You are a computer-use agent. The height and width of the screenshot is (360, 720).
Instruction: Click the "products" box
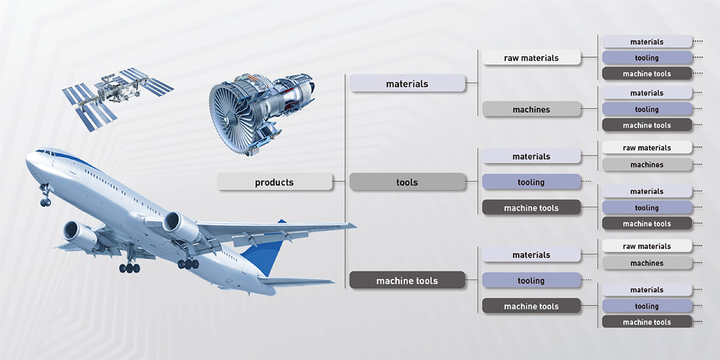click(x=275, y=182)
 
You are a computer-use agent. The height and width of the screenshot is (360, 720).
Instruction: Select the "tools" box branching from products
click(x=407, y=182)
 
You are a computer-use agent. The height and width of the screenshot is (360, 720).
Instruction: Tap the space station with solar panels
click(x=118, y=98)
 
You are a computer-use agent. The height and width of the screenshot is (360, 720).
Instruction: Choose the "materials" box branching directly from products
click(x=407, y=83)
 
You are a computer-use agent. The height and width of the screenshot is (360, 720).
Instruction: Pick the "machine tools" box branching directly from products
click(x=407, y=280)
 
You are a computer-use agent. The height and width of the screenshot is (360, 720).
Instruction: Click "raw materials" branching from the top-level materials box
click(x=532, y=58)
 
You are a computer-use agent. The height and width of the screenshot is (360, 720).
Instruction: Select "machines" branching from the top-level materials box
click(x=532, y=109)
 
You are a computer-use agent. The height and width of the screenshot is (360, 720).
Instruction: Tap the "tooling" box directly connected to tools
click(x=532, y=182)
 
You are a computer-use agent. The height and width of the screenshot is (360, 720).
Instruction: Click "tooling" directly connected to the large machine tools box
click(x=532, y=280)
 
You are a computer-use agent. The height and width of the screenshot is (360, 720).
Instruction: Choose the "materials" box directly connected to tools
click(x=532, y=156)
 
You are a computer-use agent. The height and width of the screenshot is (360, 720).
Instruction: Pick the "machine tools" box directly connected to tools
click(x=532, y=208)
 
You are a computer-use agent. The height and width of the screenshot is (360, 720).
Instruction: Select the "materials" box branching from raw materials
click(x=647, y=42)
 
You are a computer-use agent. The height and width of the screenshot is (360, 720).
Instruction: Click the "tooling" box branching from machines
click(x=647, y=109)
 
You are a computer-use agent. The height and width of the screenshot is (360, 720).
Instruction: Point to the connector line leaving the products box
click(x=339, y=182)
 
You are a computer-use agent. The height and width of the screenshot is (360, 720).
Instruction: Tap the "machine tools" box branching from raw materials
click(x=647, y=74)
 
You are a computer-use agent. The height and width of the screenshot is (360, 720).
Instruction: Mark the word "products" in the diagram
click(x=275, y=182)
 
